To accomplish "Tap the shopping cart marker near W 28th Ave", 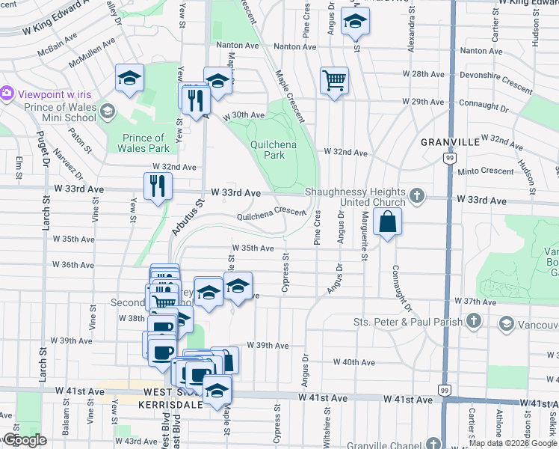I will click(x=334, y=80).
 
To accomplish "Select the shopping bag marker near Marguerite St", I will click(x=388, y=222).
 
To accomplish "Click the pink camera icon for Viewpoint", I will click(x=7, y=93).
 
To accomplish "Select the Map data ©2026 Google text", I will click(x=513, y=442).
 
